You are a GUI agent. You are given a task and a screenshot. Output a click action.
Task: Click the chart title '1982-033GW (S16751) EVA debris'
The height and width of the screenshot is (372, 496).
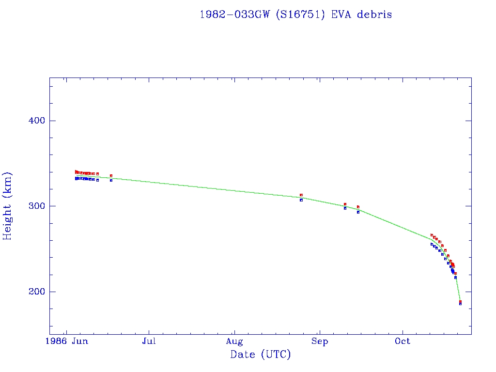pos(295,15)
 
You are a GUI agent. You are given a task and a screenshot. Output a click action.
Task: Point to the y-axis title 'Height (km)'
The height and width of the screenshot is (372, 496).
pos(8,206)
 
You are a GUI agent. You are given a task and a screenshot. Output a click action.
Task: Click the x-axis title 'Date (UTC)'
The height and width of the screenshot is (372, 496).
pos(261,355)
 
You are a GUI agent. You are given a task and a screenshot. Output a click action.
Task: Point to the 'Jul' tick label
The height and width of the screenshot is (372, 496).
pos(149,341)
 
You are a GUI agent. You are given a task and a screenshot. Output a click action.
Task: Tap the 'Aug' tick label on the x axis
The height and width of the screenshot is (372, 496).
pos(234,341)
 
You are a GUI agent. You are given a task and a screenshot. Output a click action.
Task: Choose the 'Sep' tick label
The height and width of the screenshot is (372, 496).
pos(319,341)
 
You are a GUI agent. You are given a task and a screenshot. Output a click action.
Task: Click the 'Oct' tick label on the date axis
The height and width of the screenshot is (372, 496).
pos(403,341)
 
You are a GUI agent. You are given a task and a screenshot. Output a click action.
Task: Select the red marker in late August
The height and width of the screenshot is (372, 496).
pos(301,195)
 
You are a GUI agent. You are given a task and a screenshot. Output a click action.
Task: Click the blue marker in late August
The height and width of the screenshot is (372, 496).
pos(301,200)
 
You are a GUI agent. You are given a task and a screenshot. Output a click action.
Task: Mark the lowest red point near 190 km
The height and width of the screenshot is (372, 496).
pos(460,301)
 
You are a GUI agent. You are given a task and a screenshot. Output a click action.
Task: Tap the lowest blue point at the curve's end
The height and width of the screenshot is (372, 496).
pos(460,304)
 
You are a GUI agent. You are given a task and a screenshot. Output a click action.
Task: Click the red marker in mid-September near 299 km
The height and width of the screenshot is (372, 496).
pos(358,207)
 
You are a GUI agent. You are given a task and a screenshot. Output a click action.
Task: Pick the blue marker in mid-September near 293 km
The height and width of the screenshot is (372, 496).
pos(358,212)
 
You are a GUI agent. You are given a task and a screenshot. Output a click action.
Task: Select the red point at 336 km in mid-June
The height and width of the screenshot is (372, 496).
pos(111,175)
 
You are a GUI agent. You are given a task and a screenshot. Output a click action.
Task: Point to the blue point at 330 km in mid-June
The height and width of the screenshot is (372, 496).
pos(111,180)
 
